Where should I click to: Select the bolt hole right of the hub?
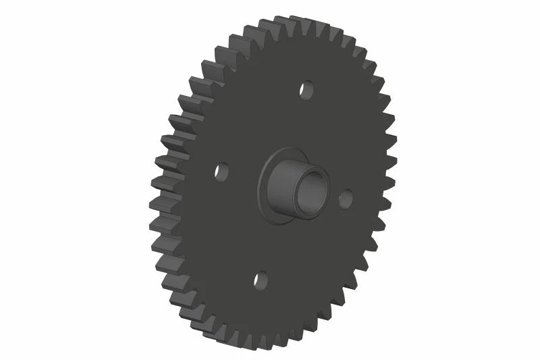(x=346, y=198)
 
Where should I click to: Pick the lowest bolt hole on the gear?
(x=261, y=280)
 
